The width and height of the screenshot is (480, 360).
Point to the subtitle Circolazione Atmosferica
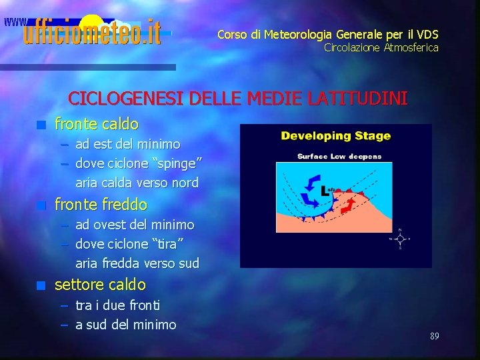point(381,47)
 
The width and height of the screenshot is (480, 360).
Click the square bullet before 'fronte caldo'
point(41,124)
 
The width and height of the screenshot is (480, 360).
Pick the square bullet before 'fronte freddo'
point(41,205)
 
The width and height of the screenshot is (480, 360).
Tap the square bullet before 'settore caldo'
point(41,286)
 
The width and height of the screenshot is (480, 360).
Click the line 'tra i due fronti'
point(117,305)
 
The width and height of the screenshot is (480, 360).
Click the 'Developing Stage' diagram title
point(335,136)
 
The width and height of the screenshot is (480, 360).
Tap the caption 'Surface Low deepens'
point(339,157)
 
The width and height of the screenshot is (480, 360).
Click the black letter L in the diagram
point(325,190)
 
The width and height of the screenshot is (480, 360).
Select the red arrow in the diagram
point(348,205)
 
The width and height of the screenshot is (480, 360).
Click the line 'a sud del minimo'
point(126,325)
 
